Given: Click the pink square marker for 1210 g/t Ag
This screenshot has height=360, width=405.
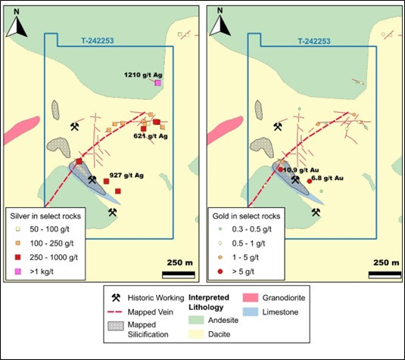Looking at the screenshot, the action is (x=157, y=83).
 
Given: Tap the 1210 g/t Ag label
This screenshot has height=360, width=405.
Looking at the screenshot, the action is (x=143, y=75).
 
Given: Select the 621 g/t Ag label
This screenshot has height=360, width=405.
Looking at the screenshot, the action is (x=151, y=136).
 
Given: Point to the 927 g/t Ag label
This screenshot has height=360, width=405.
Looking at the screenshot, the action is (x=126, y=175).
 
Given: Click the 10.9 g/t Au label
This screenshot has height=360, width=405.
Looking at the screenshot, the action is (x=301, y=170).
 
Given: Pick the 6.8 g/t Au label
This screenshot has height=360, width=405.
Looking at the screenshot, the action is (x=328, y=178).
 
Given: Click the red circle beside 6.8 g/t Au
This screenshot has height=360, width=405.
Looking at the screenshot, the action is (x=310, y=182).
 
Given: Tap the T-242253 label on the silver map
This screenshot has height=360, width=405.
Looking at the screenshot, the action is (x=98, y=41).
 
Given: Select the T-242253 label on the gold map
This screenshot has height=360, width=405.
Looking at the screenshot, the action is (x=314, y=42).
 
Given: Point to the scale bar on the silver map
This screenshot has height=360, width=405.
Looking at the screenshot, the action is (x=179, y=275).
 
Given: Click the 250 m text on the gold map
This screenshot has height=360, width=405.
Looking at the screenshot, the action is (x=386, y=262).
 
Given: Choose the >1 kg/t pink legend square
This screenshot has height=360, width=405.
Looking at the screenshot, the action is (x=17, y=272).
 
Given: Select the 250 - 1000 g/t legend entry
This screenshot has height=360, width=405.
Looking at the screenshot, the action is (x=46, y=257).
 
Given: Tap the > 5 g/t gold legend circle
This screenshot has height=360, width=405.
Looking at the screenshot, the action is (x=220, y=272).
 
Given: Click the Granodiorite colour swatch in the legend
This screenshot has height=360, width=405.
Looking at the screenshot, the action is (x=251, y=297).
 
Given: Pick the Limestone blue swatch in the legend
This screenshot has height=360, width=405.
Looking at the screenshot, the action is (x=251, y=312).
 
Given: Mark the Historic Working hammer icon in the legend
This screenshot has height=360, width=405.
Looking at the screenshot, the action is (x=116, y=298).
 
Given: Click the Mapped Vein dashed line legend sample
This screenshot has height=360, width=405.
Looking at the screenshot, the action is (x=114, y=312).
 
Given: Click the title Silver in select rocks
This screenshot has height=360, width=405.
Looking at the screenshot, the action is (x=45, y=216).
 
